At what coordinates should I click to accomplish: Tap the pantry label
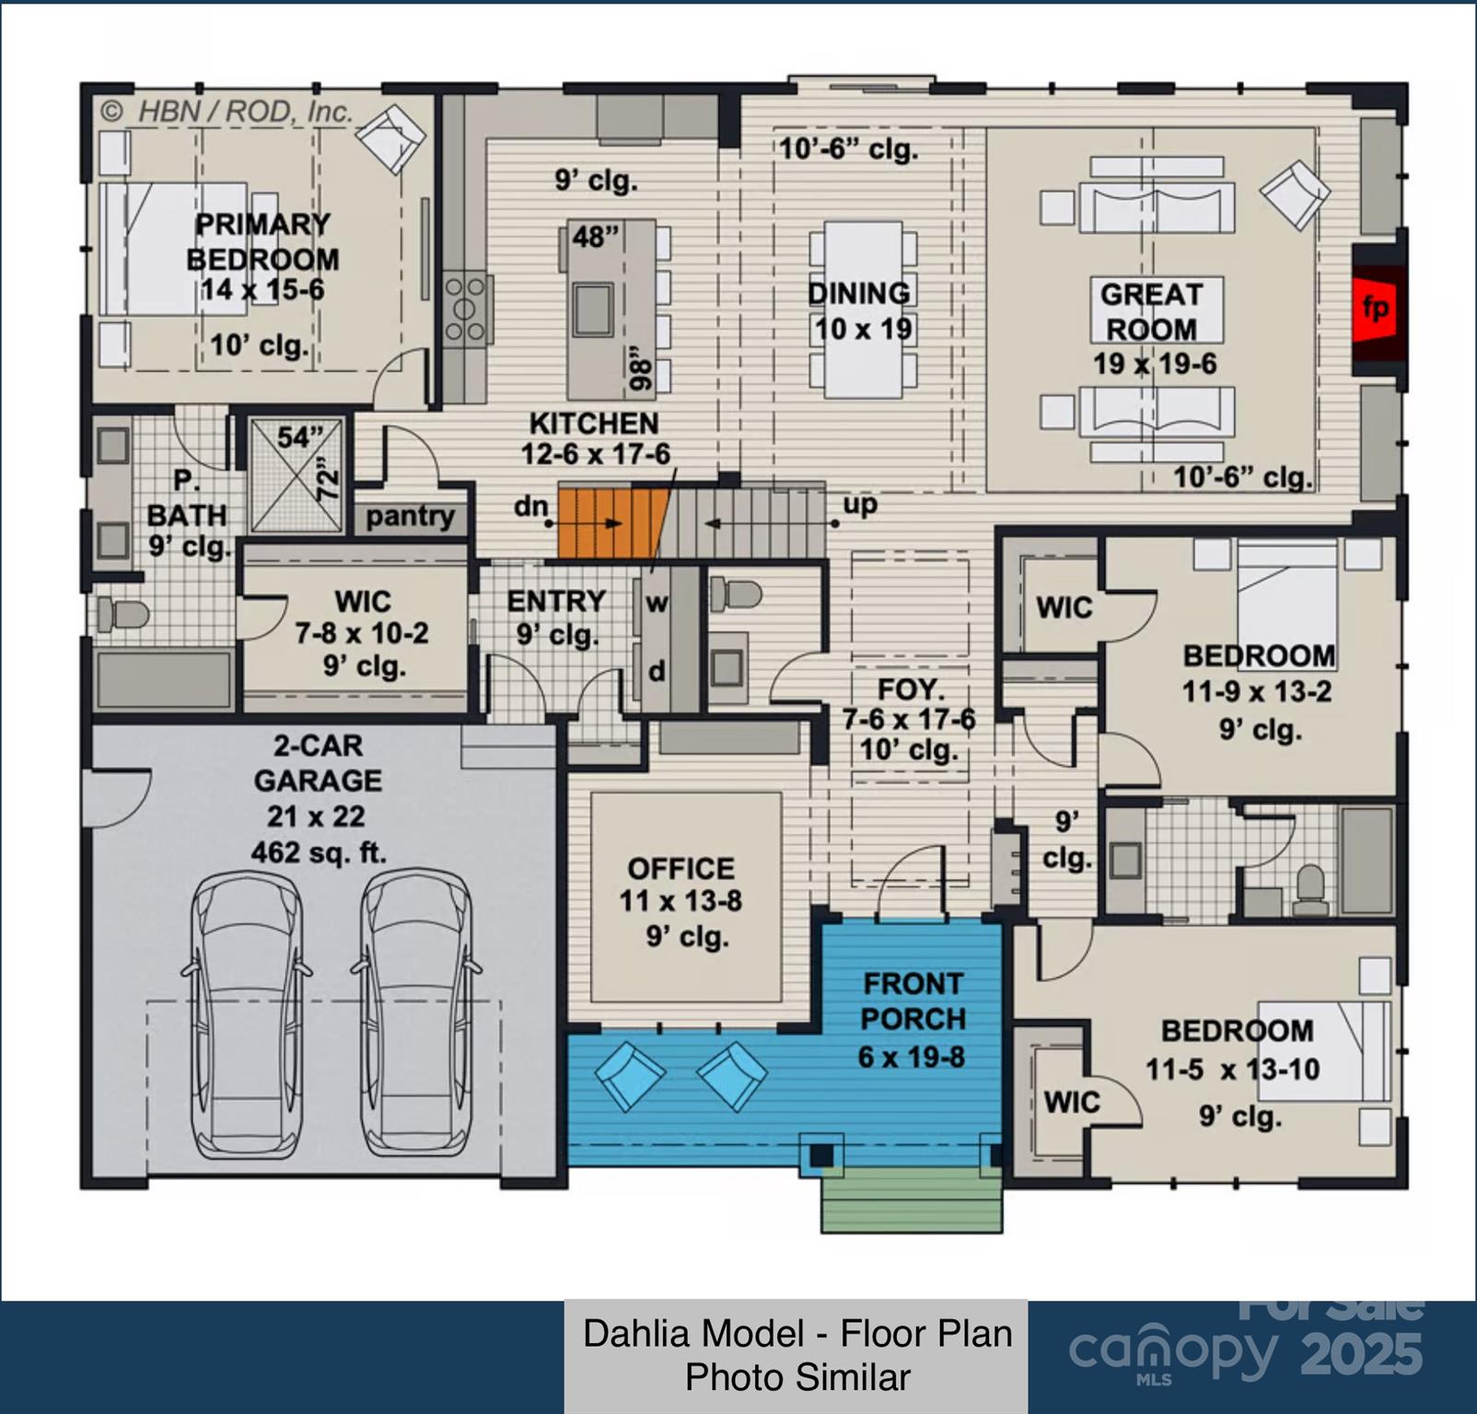point(410,516)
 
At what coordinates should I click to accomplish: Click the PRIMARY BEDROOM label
point(263,242)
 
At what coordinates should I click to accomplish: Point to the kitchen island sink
point(592,309)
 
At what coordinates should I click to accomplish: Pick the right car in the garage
point(416,1014)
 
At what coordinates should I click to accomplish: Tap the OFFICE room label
point(681,868)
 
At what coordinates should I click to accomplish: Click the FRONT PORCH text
point(913,1002)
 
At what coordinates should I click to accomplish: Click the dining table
point(863,309)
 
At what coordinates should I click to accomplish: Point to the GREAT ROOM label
point(1152,311)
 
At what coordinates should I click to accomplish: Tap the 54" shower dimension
point(301,436)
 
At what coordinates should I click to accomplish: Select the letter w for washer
point(657,604)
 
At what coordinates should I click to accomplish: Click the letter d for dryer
point(657,671)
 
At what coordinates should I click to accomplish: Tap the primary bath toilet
point(121,614)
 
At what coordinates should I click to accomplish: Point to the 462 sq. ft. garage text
point(319,853)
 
